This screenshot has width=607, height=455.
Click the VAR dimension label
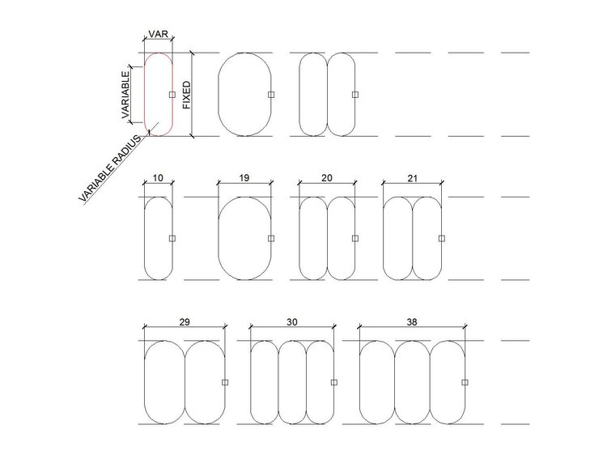coord(159,34)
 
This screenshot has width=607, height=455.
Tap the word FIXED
coord(187,95)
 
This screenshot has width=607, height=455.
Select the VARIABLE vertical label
coord(125,95)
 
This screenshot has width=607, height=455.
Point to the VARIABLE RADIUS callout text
coord(110,168)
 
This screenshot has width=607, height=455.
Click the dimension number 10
coord(158,178)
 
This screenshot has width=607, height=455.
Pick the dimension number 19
coord(244,178)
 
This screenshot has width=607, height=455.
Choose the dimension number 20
coord(327,178)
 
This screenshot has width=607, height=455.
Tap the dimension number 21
coord(413,178)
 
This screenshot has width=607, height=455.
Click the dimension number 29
coord(185,322)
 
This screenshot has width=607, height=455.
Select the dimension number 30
coord(292,322)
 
